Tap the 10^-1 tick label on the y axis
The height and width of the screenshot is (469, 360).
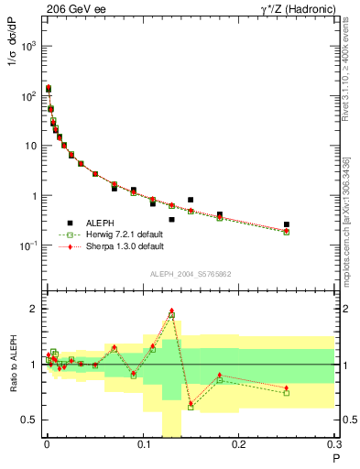tap(27, 245)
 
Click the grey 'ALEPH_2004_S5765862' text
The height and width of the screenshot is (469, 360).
tap(188, 274)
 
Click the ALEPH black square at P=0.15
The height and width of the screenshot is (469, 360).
tap(191, 200)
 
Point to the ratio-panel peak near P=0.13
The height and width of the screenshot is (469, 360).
tap(171, 311)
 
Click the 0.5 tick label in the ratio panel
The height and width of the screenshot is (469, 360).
tap(29, 420)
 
